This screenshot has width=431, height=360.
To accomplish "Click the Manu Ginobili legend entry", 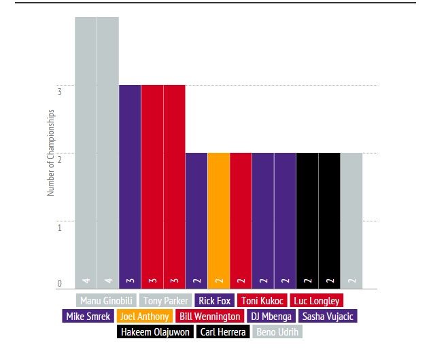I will [x=105, y=300].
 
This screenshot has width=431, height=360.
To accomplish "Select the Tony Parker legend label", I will [x=166, y=300].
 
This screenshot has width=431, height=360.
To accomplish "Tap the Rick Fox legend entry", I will [x=215, y=300].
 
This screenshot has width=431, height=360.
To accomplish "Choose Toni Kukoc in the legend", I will [x=263, y=300].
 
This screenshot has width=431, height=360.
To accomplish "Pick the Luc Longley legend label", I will [x=316, y=300].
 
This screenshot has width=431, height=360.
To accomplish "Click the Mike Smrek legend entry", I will [x=88, y=316].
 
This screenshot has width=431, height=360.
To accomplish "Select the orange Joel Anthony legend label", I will [x=144, y=316].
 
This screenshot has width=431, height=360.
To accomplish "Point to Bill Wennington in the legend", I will [x=209, y=316].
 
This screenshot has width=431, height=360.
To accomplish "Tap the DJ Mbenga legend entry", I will [x=271, y=316].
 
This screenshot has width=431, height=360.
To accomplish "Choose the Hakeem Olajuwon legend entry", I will [x=156, y=332].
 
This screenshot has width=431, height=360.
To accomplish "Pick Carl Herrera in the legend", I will [x=222, y=332].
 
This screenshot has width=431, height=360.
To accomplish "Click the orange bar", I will [x=219, y=221].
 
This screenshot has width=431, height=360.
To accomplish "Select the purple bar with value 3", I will [x=130, y=187].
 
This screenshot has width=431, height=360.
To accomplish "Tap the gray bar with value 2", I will [x=351, y=221].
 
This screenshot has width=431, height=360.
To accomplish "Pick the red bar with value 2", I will [x=241, y=221].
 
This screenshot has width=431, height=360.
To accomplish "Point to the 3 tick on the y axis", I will [x=60, y=90].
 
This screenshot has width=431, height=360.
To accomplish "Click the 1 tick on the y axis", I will [x=60, y=227].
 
